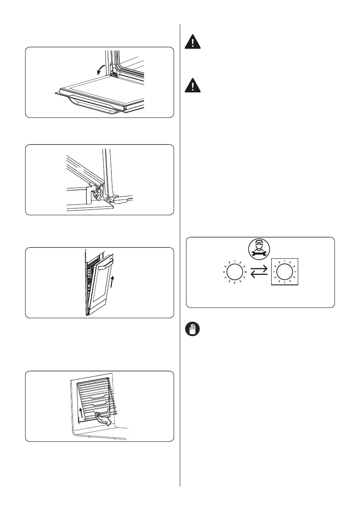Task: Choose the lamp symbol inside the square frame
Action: point(283,272)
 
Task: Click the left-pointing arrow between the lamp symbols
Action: point(259,275)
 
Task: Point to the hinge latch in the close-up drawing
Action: point(100,196)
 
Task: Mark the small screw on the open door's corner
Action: point(125,109)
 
